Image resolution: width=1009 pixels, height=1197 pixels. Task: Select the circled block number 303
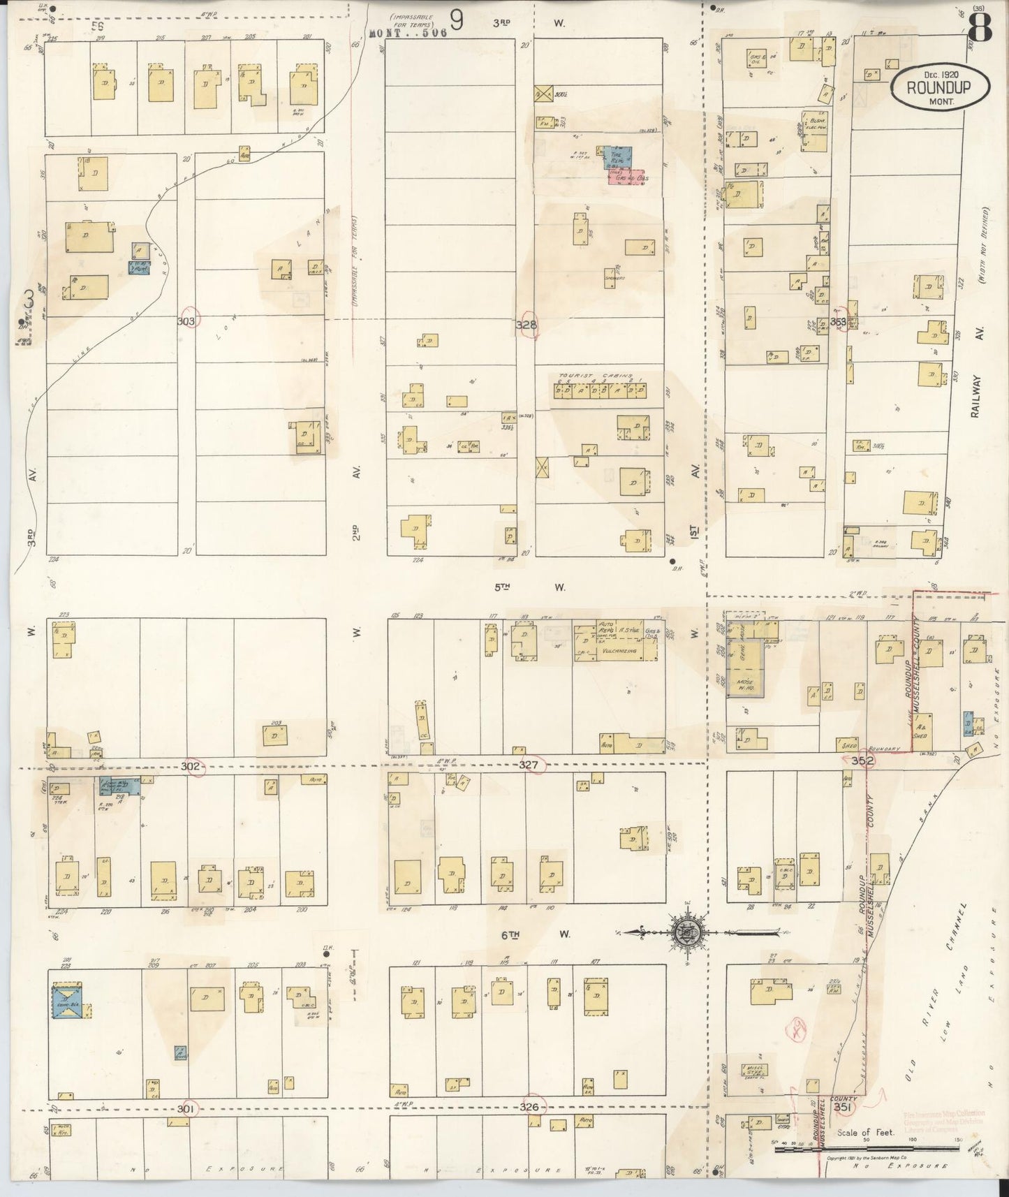189,321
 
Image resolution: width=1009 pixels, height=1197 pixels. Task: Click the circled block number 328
527,325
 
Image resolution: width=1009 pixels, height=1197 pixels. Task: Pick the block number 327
529,765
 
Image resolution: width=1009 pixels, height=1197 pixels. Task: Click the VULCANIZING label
615,650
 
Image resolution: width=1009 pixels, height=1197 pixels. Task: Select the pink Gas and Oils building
626,177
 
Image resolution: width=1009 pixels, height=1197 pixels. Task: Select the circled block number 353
839,322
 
